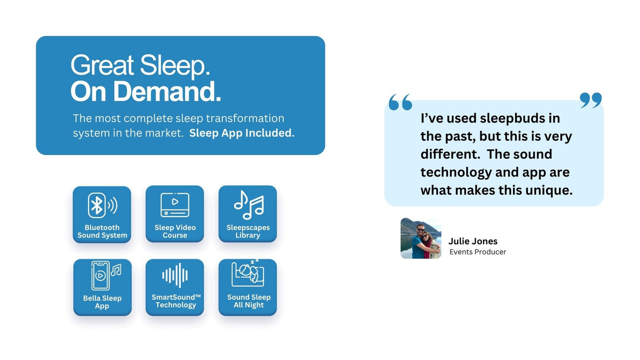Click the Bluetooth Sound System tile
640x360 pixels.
[102, 214]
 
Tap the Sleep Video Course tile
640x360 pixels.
[175, 214]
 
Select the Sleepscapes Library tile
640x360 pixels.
[247, 214]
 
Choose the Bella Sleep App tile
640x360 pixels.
[102, 287]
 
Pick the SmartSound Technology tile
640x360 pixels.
[175, 287]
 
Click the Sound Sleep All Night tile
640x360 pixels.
[247, 287]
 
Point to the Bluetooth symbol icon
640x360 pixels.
[97, 205]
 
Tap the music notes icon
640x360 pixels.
[249, 205]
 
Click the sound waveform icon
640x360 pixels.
[175, 276]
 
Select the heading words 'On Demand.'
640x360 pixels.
[146, 92]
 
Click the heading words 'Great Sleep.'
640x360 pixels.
[140, 66]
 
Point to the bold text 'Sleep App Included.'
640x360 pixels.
[242, 133]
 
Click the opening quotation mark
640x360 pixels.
[401, 102]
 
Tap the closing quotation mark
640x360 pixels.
[590, 100]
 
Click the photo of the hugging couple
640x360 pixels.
[421, 238]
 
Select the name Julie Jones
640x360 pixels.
[473, 241]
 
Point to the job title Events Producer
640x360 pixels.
[477, 252]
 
